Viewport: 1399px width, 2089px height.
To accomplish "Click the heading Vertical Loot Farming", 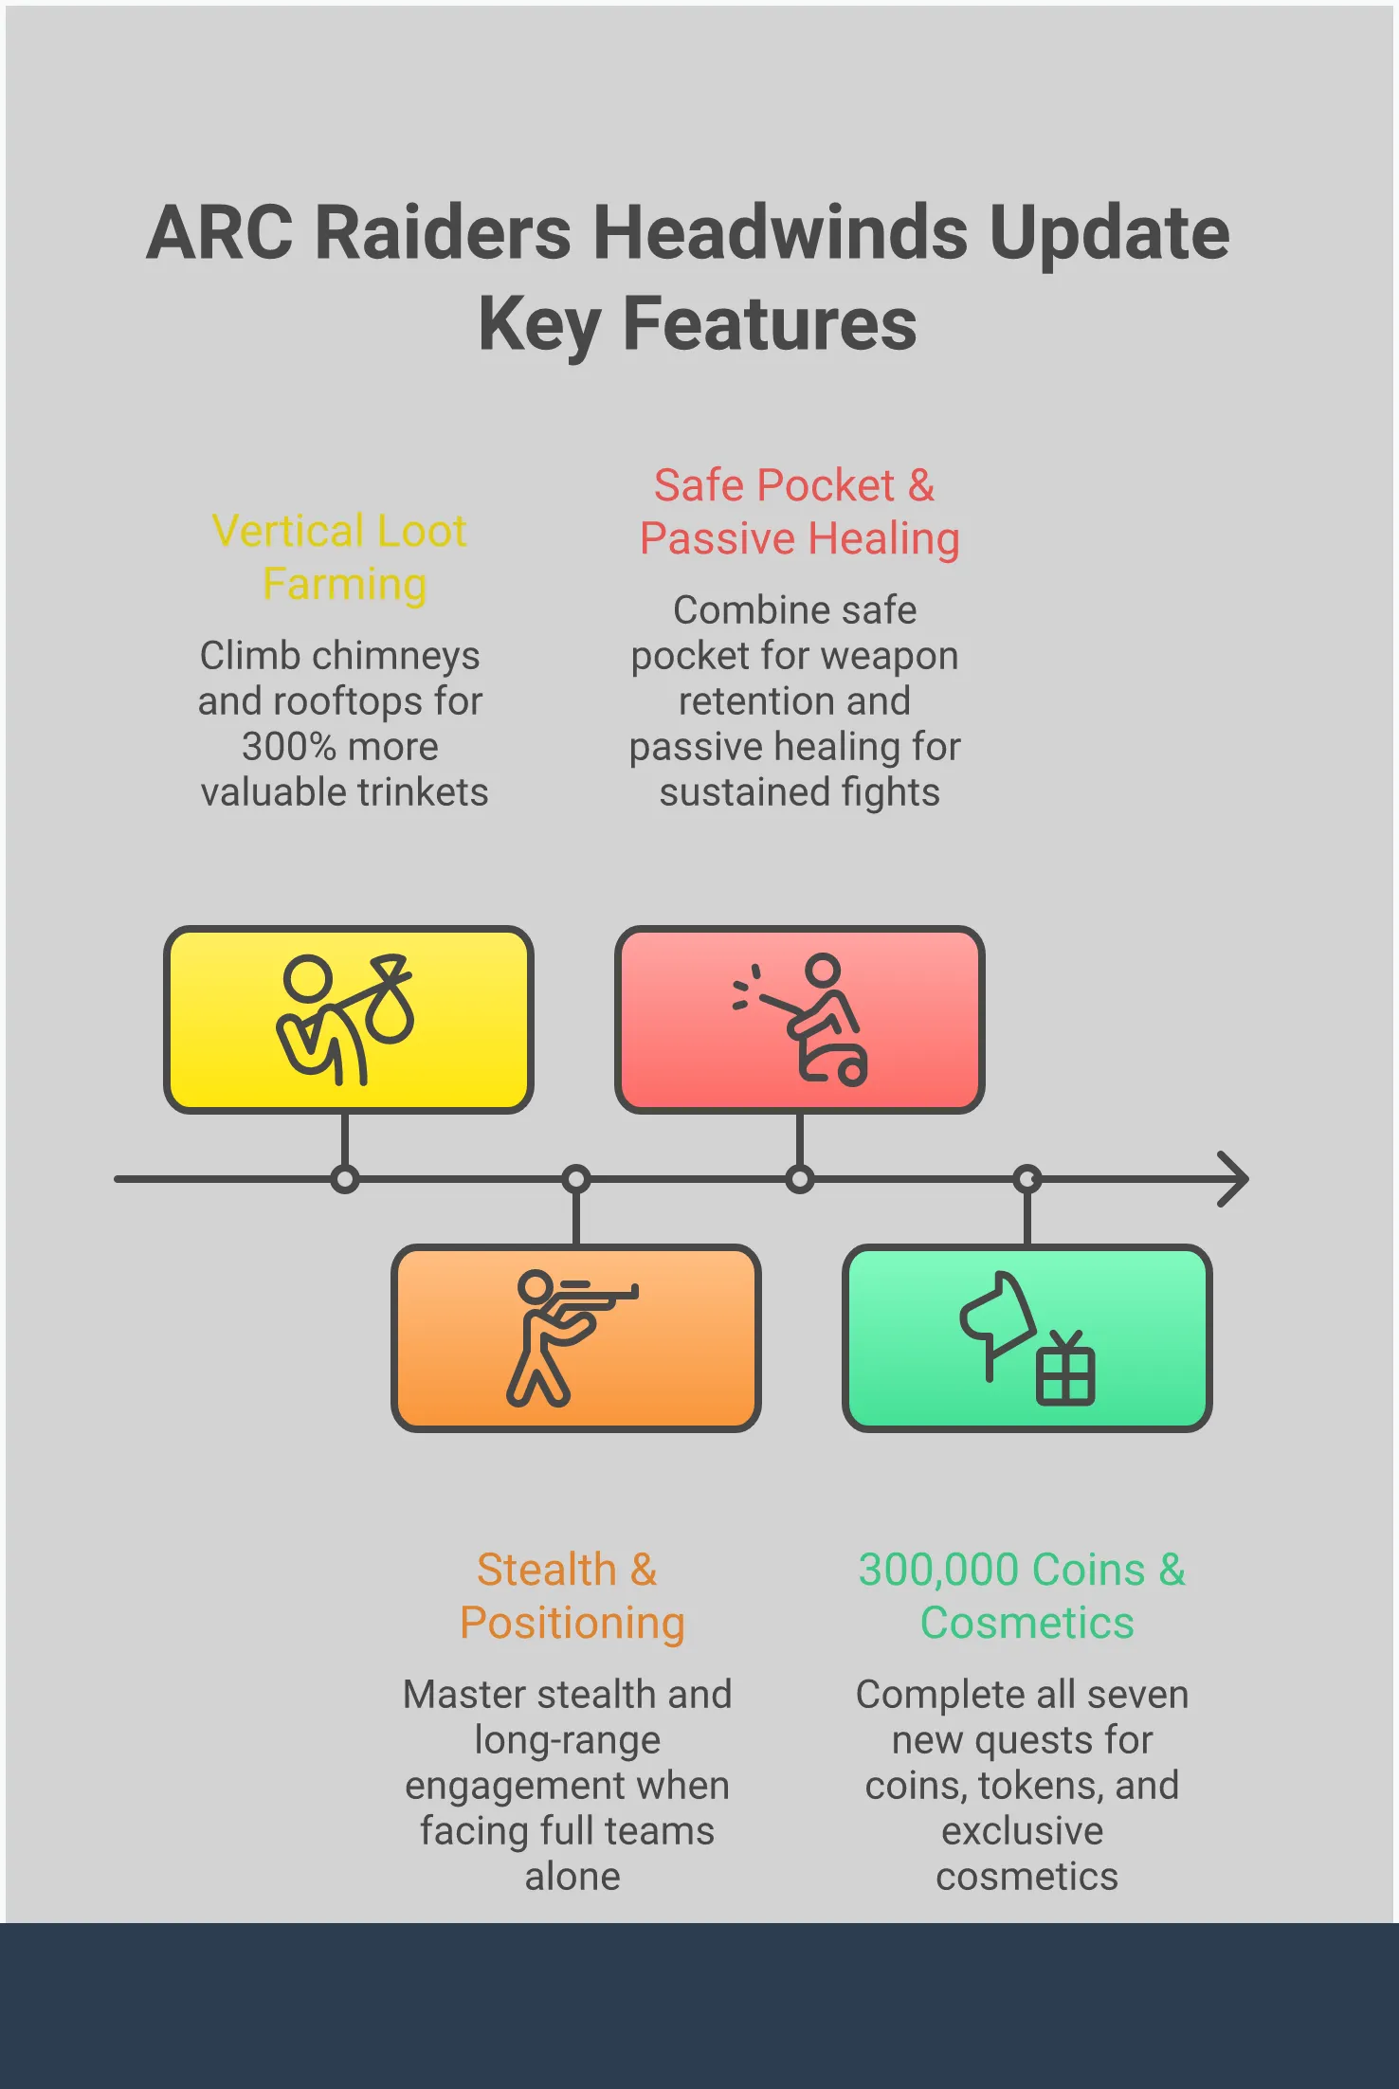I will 340,557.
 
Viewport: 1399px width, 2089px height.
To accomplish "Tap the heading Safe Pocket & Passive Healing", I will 798,512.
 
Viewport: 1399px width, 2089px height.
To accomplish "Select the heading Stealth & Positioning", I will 571,1596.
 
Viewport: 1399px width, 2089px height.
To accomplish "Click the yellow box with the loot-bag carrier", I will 348,1019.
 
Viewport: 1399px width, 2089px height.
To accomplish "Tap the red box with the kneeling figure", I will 799,1019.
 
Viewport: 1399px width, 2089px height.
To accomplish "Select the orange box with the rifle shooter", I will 575,1337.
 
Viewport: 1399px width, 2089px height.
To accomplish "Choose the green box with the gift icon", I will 1027,1337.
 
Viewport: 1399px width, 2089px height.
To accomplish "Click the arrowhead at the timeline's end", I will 1234,1179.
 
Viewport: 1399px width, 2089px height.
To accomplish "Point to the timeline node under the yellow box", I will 345,1179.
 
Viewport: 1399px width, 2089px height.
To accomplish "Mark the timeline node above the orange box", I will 575,1179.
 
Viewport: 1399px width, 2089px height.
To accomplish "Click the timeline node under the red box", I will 799,1179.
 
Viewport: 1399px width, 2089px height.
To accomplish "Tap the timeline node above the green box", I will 1027,1179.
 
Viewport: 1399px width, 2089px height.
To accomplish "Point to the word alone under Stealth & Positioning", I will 572,1877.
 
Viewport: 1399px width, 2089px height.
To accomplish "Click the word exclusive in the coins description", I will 1022,1831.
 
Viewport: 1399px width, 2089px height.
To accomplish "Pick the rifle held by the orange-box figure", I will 601,1291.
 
